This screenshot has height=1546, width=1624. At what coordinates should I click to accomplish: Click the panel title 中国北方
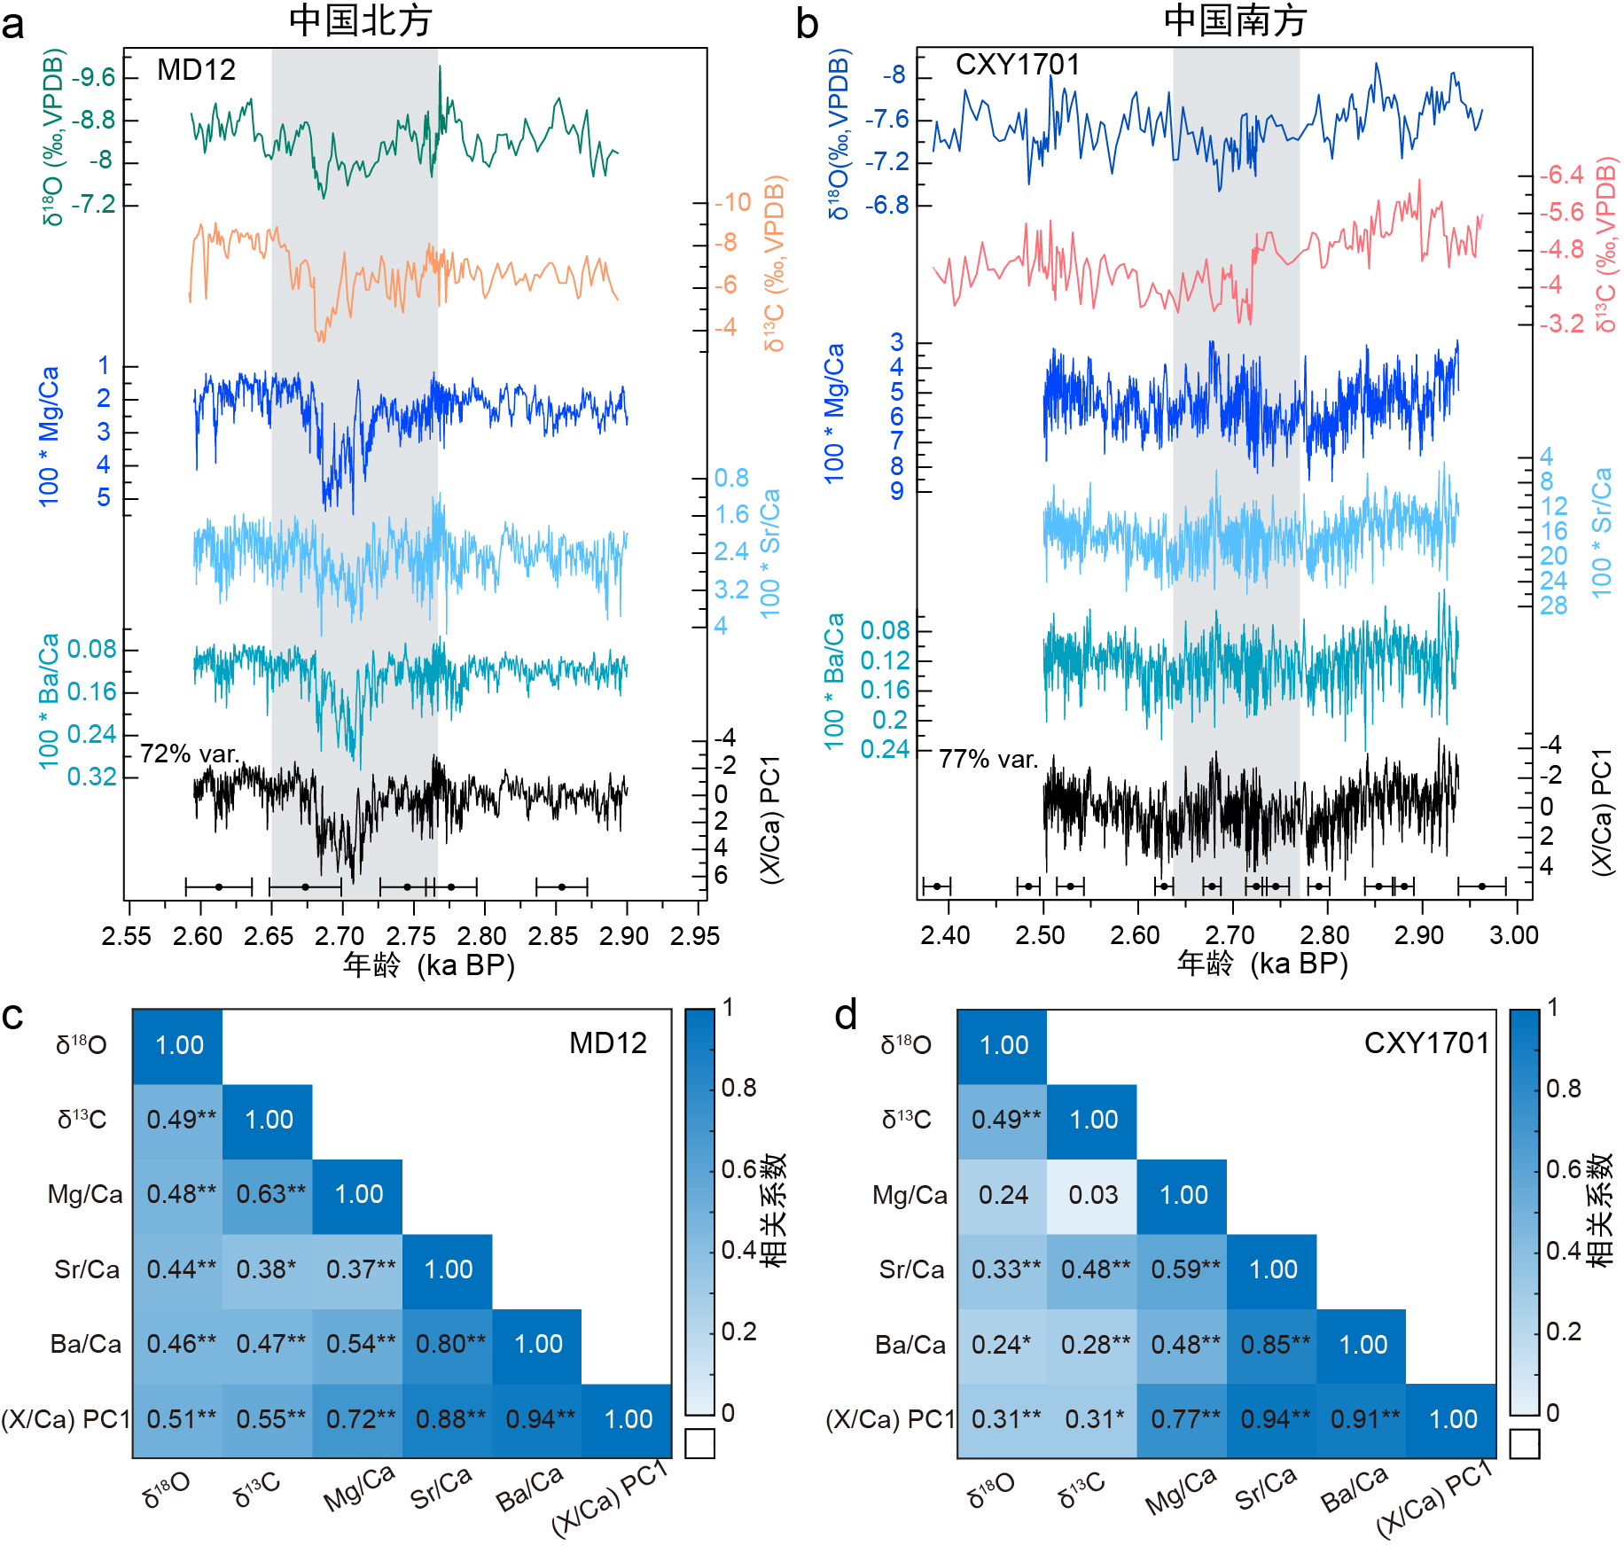360,21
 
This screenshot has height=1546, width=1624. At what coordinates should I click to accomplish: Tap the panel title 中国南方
1235,21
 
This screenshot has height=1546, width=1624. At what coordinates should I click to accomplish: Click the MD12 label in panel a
196,70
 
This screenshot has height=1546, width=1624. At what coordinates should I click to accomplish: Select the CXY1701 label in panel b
1018,65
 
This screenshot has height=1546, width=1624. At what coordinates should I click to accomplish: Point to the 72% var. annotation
190,753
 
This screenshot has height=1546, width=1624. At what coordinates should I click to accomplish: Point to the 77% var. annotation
988,759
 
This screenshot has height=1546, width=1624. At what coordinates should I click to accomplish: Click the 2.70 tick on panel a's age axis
340,936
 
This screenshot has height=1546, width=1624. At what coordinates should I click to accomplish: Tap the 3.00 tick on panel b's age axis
1514,935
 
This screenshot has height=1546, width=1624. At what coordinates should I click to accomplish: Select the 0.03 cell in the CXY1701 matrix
1093,1195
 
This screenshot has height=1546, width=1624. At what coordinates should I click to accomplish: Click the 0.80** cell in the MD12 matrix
449,1344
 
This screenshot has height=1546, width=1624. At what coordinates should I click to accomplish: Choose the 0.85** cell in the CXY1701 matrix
1274,1345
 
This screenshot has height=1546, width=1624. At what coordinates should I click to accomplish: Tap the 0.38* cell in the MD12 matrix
266,1269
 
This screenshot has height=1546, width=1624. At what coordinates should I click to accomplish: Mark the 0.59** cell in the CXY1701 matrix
1184,1269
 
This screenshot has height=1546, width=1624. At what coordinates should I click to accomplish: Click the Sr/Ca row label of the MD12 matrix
87,1269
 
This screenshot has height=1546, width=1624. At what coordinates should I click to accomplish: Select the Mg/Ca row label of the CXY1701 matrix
910,1195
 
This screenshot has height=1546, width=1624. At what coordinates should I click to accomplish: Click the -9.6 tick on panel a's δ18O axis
93,78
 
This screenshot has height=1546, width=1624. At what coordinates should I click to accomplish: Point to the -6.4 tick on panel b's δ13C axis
1560,175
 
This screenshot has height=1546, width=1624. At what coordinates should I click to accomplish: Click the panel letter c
13,1017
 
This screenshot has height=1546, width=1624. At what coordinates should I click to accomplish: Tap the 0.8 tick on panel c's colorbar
738,1088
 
